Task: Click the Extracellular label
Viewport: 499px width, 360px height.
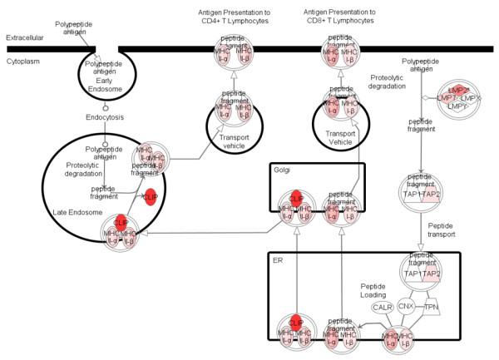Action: [24, 38]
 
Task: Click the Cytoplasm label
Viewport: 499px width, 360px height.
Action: [22, 61]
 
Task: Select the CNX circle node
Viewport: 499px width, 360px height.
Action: [407, 307]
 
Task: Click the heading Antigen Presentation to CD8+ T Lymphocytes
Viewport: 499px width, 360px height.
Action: [340, 17]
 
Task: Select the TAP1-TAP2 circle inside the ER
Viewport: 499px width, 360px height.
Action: [422, 274]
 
